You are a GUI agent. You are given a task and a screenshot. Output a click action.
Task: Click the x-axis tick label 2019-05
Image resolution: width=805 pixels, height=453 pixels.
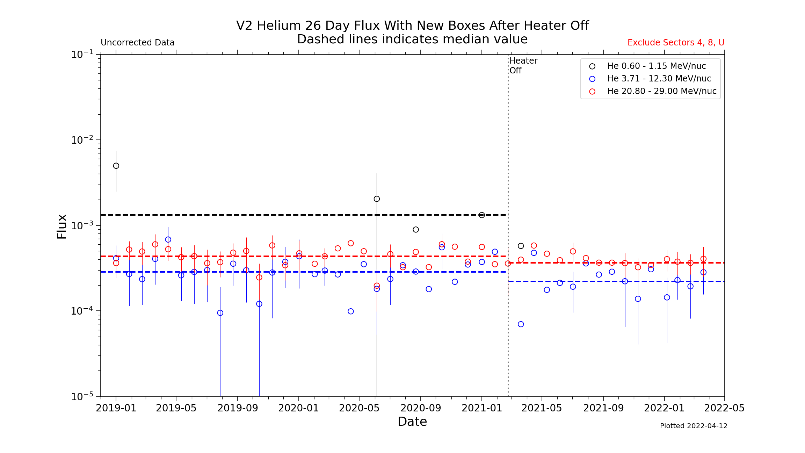point(176,408)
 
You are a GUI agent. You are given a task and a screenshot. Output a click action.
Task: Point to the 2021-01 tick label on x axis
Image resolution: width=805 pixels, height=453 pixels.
point(482,408)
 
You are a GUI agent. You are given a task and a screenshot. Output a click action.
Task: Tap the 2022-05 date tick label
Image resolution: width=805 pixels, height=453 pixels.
point(724,408)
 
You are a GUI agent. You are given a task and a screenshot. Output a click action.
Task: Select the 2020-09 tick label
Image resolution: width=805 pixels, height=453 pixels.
point(421,408)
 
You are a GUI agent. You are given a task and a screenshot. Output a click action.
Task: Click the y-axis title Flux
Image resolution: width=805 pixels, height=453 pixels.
point(62,226)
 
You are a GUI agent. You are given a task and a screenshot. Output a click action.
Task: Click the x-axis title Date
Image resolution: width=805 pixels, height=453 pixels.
point(412,422)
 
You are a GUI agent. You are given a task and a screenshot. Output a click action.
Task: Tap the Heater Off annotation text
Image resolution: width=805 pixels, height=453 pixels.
point(523,65)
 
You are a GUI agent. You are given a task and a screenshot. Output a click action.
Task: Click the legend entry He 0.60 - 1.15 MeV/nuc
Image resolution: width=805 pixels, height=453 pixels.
point(656,66)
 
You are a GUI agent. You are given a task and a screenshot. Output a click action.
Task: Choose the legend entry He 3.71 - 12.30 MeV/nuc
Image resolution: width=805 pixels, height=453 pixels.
point(659,79)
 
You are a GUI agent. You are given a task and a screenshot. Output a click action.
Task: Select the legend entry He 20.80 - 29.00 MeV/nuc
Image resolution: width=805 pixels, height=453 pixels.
point(661,91)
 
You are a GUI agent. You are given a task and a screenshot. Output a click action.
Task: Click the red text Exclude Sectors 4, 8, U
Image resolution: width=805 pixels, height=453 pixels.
point(676,43)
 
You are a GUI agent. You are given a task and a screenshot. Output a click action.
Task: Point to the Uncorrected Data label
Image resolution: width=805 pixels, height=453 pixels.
point(137,43)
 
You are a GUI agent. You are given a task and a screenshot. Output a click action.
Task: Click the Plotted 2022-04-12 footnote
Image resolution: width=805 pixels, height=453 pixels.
point(694,426)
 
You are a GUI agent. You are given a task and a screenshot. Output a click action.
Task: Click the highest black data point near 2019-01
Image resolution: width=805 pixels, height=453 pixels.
point(116,166)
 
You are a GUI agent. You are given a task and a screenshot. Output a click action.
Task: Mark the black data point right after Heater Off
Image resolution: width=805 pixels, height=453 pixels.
point(521,246)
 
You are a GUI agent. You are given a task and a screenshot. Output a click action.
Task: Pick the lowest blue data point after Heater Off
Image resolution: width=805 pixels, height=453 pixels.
point(521,324)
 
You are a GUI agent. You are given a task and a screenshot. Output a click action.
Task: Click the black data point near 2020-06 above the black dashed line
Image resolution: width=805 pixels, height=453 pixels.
point(377,199)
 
